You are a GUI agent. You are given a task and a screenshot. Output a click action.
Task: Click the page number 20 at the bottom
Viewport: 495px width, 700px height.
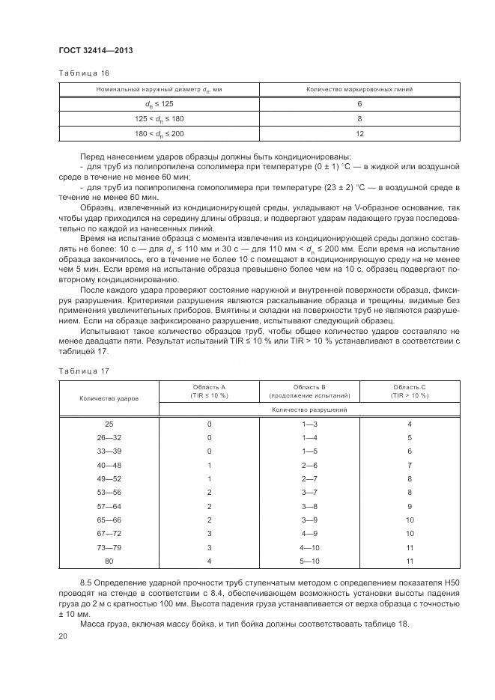[x=63, y=636]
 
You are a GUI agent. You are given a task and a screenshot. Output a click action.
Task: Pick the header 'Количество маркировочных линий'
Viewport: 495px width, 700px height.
[x=359, y=89]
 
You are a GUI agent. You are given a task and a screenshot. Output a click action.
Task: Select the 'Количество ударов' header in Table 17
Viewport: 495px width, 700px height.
[x=109, y=398]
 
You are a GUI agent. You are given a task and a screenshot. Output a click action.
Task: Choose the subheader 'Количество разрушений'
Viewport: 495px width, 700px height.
[x=309, y=410]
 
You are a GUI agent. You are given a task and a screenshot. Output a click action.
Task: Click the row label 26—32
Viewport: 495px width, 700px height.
[x=109, y=437]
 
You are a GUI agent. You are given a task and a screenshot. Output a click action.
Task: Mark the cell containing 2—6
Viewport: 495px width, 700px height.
[x=309, y=465]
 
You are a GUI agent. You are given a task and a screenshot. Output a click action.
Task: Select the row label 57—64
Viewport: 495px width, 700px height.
[x=109, y=506]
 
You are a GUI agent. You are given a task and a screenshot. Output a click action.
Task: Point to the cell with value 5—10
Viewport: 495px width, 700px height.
[x=309, y=561]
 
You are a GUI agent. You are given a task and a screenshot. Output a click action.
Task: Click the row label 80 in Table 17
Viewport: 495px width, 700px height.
[x=109, y=561]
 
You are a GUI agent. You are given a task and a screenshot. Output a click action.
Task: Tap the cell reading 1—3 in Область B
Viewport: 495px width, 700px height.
[x=309, y=424]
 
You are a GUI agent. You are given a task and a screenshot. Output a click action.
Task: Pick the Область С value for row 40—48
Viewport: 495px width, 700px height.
[x=410, y=465]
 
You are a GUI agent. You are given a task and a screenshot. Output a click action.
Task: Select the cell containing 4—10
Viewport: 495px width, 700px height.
[x=309, y=547]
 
